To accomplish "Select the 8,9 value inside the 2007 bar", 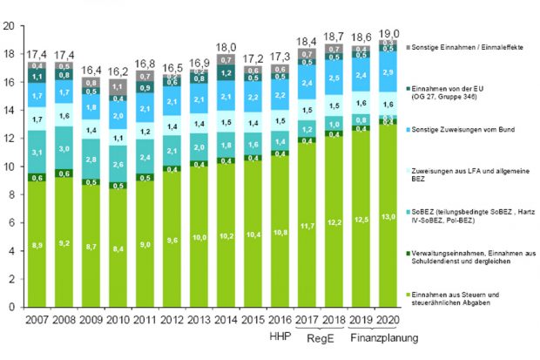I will click(37, 248).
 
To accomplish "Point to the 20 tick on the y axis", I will click(8, 26).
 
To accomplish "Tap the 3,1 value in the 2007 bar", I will click(37, 153).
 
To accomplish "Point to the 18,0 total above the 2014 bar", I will click(226, 46).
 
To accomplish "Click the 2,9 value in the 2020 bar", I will click(388, 72).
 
